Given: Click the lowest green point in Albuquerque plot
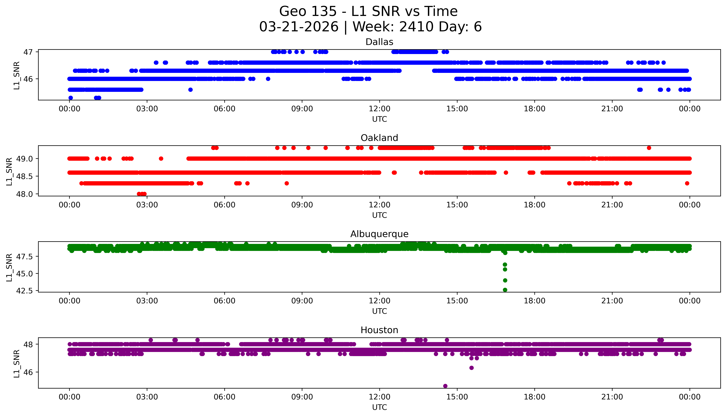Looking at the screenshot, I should (x=505, y=290).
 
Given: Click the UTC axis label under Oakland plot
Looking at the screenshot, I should (x=379, y=215).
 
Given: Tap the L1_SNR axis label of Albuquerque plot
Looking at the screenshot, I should (x=9, y=267).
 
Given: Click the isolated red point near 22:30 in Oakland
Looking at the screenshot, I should (x=649, y=148).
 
